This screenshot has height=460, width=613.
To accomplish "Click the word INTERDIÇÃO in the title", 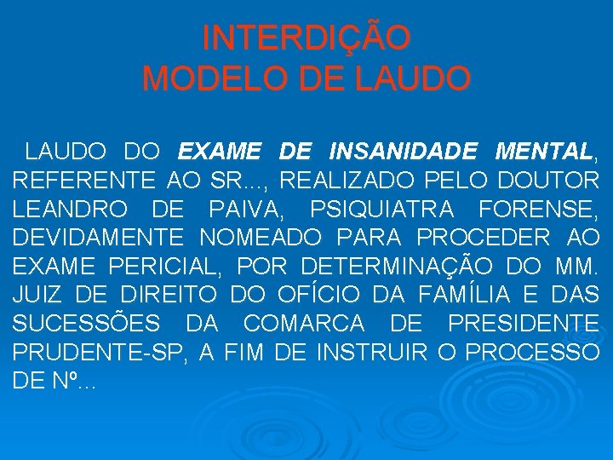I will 306,37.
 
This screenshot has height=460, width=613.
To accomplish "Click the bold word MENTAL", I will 545,152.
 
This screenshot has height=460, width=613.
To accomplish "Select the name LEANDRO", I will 69,210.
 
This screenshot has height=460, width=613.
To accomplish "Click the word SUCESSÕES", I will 88,324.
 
